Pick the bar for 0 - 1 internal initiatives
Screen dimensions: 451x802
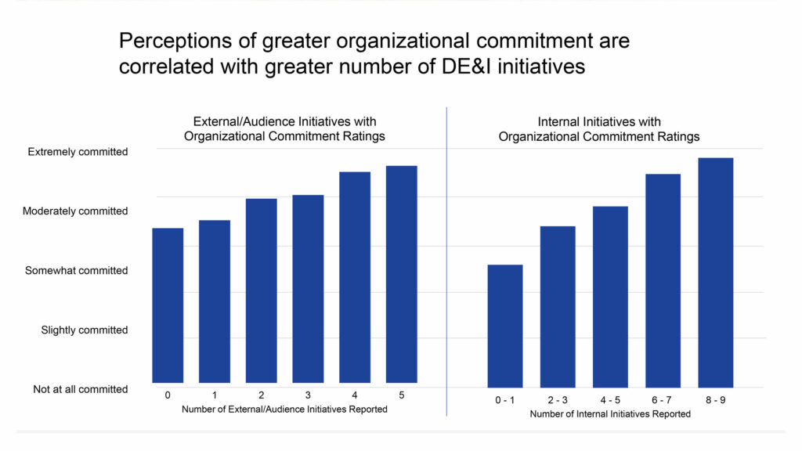click(x=505, y=326)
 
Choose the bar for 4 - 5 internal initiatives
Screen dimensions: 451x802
click(x=610, y=297)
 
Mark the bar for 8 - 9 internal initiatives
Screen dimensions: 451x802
click(x=715, y=272)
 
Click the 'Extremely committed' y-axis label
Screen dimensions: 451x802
click(x=78, y=152)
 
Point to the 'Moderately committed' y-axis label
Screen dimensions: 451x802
click(x=75, y=211)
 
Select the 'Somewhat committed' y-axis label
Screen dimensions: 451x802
click(x=76, y=271)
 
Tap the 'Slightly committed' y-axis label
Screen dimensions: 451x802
click(x=84, y=330)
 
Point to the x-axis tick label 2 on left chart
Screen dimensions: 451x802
click(x=261, y=395)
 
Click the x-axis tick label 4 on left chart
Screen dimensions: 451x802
click(x=354, y=395)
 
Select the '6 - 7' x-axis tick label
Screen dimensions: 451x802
click(x=663, y=400)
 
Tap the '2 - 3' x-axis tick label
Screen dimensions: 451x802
click(x=558, y=400)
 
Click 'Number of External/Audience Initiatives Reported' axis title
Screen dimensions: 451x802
click(x=284, y=410)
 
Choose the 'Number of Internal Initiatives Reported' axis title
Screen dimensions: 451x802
click(x=610, y=414)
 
